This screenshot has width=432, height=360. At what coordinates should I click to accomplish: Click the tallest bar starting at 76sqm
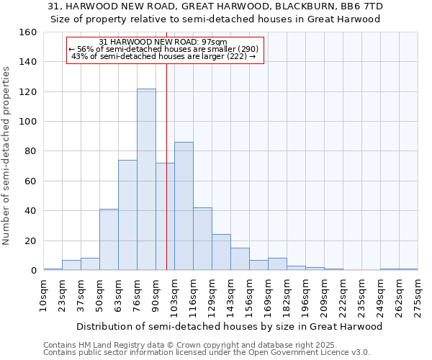[146, 179]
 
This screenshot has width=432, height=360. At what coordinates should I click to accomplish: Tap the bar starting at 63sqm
[127, 215]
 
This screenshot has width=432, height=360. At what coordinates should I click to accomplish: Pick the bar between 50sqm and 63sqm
[109, 240]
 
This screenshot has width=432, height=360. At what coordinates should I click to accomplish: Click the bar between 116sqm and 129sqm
[202, 239]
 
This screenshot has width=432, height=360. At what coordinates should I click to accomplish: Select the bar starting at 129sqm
[221, 252]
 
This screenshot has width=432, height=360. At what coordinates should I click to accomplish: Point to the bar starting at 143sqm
[240, 259]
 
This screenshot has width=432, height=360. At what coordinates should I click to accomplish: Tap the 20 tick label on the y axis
[31, 241]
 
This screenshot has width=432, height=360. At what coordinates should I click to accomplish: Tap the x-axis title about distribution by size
[229, 326]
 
